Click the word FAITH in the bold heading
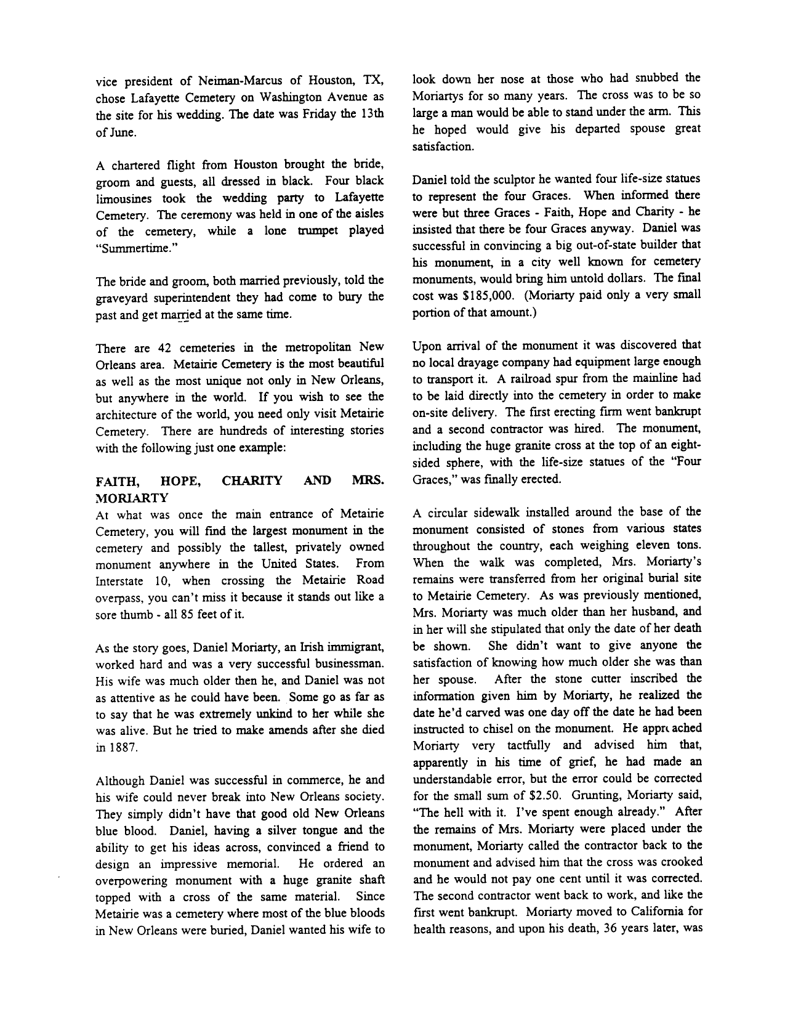click(x=114, y=481)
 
